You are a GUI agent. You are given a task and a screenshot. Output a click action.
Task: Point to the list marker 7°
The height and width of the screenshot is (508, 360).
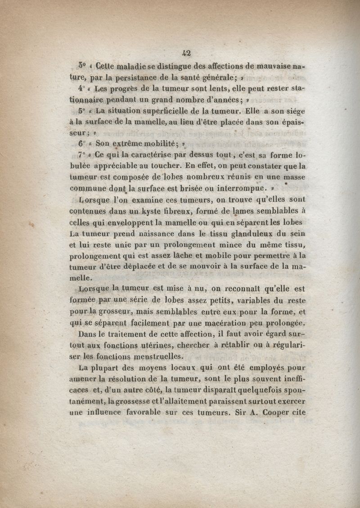coord(81,154)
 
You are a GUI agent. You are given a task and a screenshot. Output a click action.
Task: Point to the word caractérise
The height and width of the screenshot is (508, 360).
coord(137,155)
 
